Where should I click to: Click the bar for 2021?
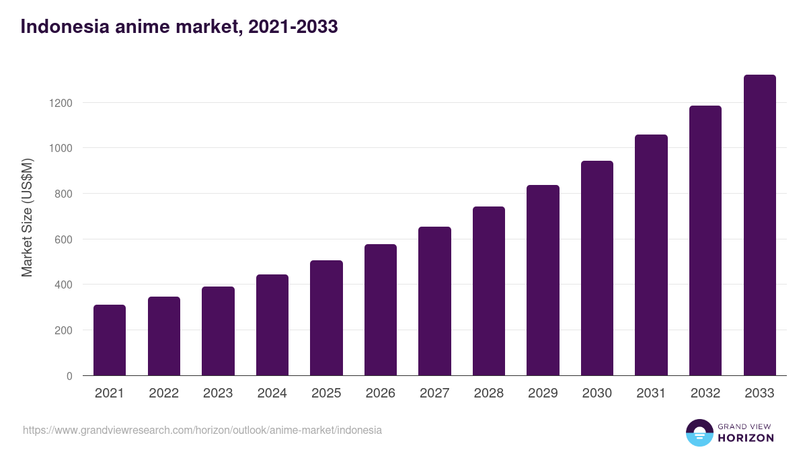click(110, 340)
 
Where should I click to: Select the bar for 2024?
click(272, 325)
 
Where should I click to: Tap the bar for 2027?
click(434, 301)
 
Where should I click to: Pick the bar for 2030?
click(597, 268)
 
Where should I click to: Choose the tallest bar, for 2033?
click(759, 225)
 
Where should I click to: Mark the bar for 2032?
click(705, 241)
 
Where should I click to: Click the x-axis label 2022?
click(163, 393)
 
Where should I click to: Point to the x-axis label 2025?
click(326, 393)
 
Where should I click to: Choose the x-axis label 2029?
click(543, 393)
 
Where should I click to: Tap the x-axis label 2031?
click(651, 393)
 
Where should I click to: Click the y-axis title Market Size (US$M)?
click(27, 218)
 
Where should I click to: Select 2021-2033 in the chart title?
click(293, 27)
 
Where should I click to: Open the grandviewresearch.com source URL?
click(202, 430)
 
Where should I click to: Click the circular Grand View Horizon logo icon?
click(699, 432)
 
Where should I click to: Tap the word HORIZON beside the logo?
click(746, 438)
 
